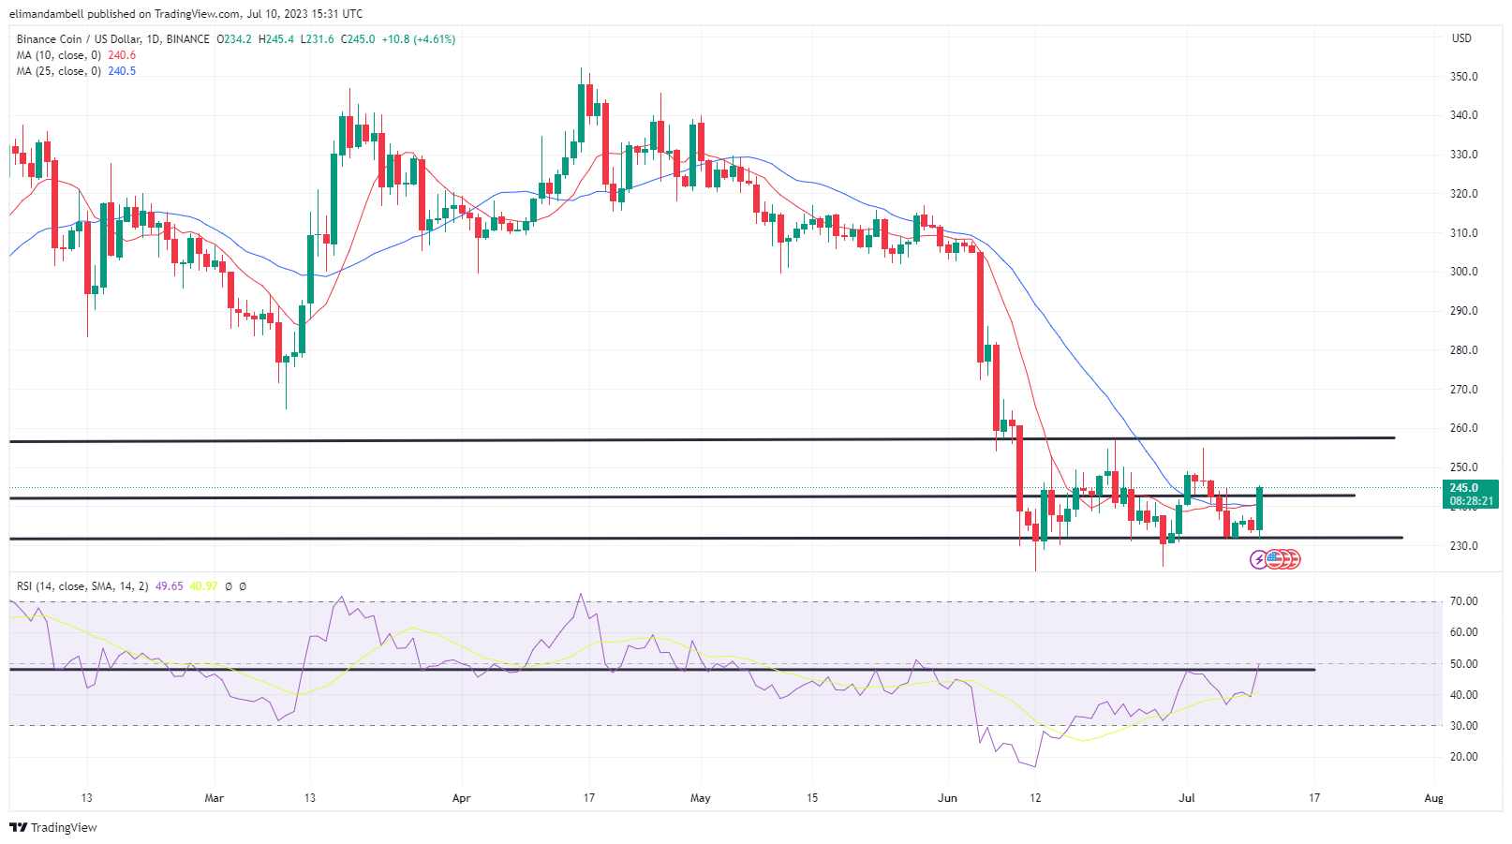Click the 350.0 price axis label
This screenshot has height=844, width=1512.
point(1463,77)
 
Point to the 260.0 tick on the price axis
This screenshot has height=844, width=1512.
point(1463,428)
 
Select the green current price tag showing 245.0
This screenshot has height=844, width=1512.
point(1469,494)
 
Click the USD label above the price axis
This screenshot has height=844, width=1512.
point(1461,38)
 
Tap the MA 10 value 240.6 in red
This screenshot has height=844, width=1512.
point(122,55)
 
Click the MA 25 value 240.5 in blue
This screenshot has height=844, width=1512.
point(122,71)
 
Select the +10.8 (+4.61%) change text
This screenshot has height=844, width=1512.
point(418,39)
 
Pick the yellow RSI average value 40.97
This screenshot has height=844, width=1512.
point(203,586)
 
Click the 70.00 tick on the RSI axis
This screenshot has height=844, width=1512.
point(1463,601)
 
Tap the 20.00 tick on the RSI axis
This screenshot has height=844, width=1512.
point(1463,757)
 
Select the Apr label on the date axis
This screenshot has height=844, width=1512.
point(461,798)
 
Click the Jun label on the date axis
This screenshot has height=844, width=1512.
point(947,798)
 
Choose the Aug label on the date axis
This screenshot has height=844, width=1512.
point(1433,798)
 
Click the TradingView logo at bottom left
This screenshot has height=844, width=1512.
point(53,827)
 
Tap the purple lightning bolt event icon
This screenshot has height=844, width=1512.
point(1259,559)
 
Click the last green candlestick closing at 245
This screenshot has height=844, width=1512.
point(1260,509)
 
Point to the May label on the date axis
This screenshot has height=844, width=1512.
point(700,798)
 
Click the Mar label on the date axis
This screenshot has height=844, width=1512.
point(214,798)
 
